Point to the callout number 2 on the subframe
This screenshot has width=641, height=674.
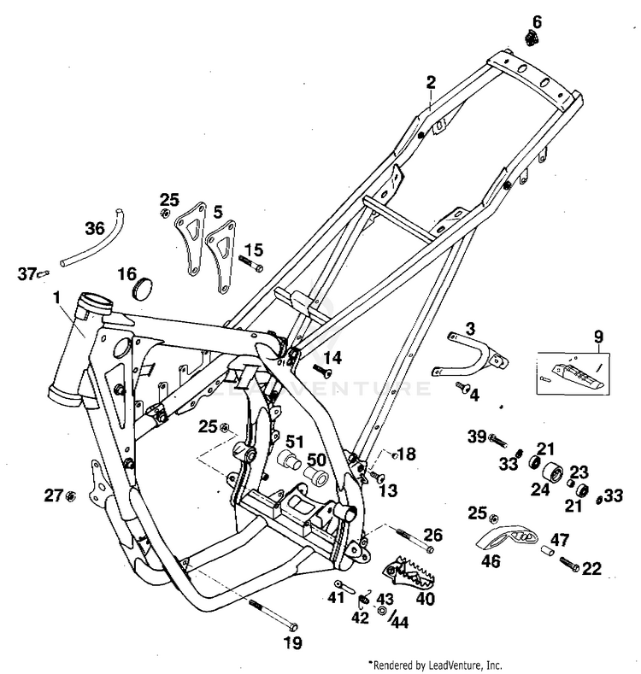[x=432, y=82]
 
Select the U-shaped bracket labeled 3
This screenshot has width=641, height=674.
[x=466, y=354]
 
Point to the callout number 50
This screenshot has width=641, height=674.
[x=316, y=458]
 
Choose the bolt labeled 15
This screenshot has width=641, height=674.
[x=251, y=266]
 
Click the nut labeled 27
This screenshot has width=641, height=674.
[x=71, y=495]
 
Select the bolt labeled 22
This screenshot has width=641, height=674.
[x=570, y=564]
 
